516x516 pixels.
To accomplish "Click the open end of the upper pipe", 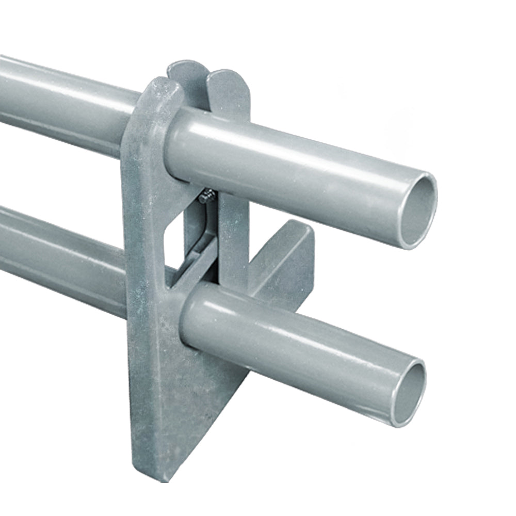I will click(417, 211).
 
